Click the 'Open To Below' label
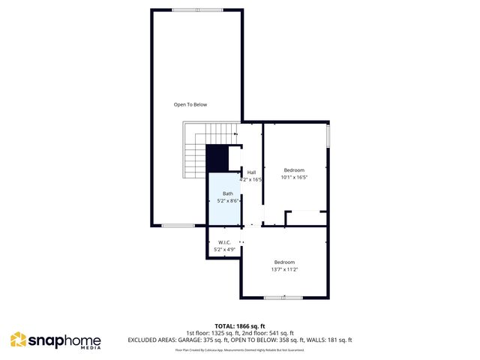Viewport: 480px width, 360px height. click(190, 104)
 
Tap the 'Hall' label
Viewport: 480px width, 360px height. click(252, 172)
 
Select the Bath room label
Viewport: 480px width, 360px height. click(227, 193)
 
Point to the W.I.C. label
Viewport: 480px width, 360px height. click(224, 241)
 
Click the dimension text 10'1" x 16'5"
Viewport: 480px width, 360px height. click(294, 178)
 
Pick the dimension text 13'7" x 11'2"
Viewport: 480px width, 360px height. click(284, 269)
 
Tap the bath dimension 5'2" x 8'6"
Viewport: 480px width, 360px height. click(227, 201)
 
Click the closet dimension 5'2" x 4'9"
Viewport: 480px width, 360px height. click(224, 249)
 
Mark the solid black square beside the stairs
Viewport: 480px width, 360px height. click(217, 159)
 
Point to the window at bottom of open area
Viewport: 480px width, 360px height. click(178, 225)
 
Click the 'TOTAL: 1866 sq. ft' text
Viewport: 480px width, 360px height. click(240, 326)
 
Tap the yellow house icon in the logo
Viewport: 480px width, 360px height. click(18, 340)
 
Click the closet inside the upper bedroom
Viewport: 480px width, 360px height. click(306, 218)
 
